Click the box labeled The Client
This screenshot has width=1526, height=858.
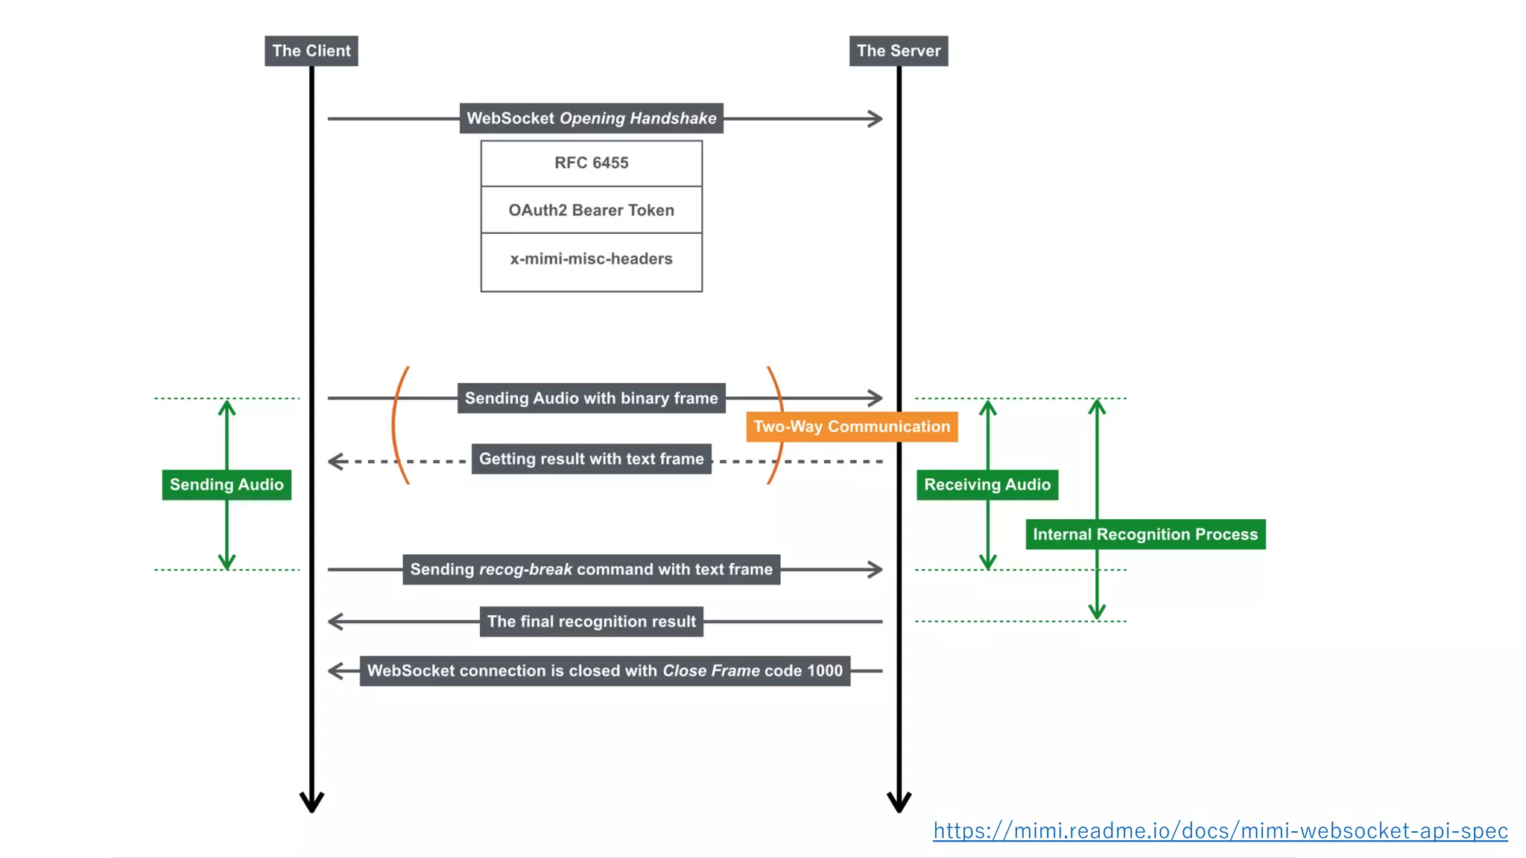311,51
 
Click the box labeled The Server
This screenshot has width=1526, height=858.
898,51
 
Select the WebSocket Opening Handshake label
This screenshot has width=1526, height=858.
591,118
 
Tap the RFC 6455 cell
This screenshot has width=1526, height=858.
591,163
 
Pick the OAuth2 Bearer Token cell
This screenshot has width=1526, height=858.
591,210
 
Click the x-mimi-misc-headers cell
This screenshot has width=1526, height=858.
591,259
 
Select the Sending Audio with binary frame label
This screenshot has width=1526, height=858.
591,398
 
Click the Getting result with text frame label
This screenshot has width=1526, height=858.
591,459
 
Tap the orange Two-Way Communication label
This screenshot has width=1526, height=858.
851,427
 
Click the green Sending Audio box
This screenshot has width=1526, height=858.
227,485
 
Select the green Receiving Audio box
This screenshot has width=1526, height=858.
987,485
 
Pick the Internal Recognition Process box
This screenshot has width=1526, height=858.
1144,535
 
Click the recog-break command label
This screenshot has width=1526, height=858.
591,570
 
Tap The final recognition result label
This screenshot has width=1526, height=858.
591,622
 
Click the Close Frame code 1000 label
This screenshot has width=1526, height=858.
604,671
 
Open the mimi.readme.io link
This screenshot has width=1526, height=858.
1220,830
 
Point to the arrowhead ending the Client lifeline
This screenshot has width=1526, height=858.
311,803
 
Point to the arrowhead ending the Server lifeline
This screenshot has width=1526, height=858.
899,803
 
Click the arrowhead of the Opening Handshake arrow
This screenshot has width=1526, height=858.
876,118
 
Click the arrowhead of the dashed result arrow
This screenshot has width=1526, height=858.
335,462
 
